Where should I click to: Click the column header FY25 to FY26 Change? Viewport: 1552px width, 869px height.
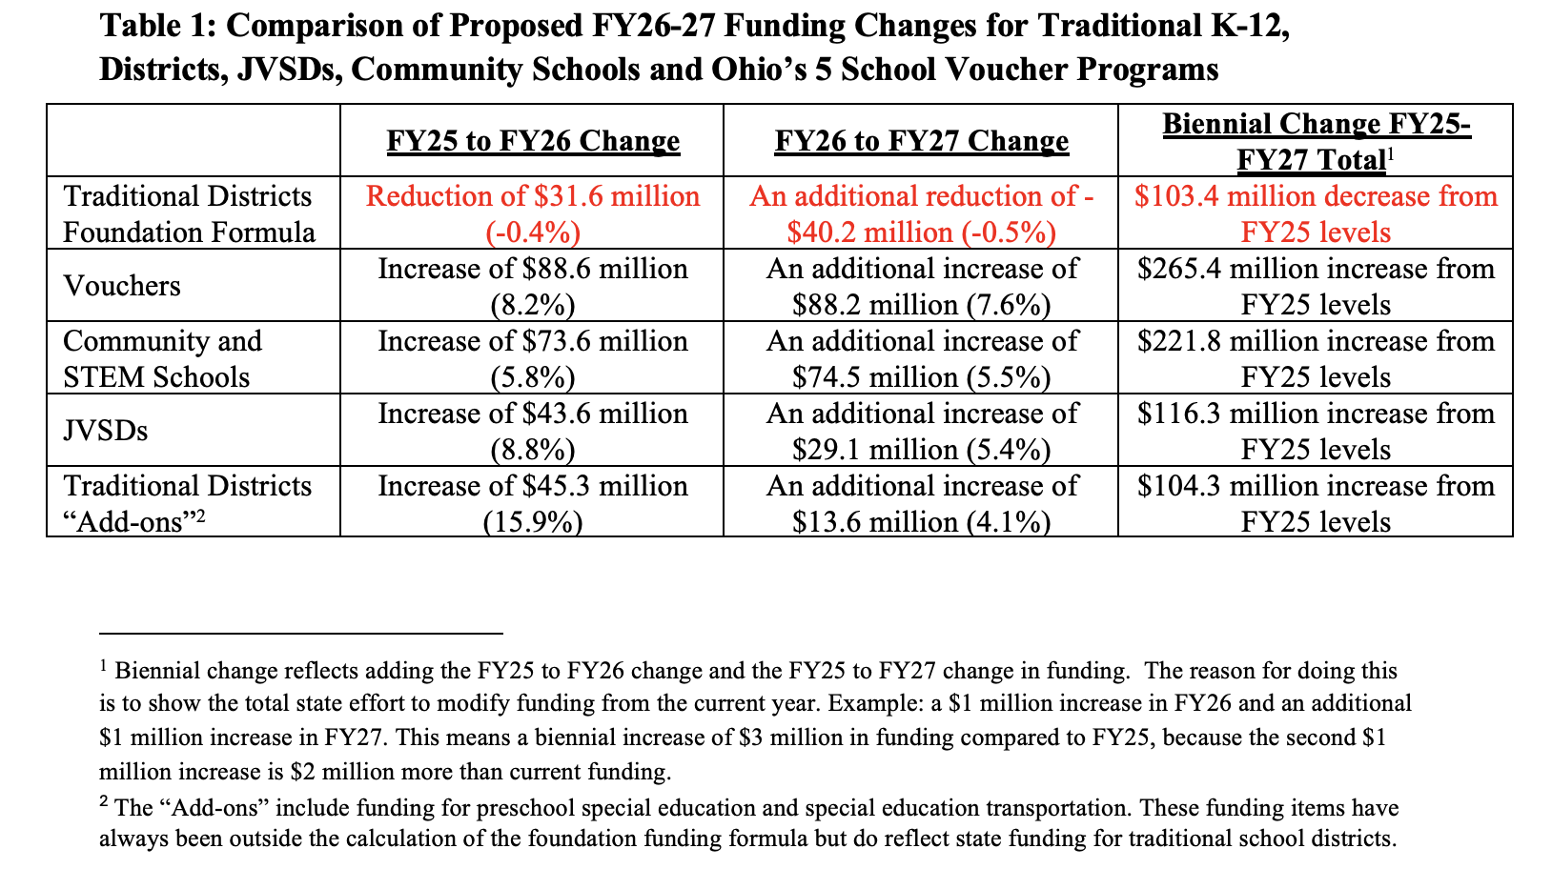tap(533, 141)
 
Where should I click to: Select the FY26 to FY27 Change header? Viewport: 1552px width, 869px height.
tap(921, 141)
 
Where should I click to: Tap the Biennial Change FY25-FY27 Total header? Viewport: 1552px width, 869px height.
tap(1316, 141)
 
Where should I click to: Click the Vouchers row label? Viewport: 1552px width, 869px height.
tap(122, 286)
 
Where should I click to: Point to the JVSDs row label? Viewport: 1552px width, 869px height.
tap(106, 431)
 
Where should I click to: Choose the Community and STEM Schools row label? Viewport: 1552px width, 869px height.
tap(162, 358)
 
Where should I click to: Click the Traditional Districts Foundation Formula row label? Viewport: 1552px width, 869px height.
tap(188, 213)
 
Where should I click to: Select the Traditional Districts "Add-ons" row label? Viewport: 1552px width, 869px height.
tap(188, 503)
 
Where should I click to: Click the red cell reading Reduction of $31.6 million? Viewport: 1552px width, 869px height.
tap(533, 213)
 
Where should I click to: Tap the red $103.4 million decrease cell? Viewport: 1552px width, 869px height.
tap(1316, 213)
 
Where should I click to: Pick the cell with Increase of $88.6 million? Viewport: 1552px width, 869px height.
tap(533, 286)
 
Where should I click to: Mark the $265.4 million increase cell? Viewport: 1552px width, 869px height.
tap(1316, 286)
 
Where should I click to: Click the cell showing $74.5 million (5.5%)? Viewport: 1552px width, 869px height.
tap(921, 376)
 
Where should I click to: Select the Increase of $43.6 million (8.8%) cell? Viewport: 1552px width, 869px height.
tap(533, 431)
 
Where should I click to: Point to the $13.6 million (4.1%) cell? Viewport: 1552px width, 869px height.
tap(921, 521)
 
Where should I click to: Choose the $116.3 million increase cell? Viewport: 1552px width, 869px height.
tap(1316, 431)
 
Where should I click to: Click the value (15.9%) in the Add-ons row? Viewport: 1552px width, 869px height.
tap(533, 522)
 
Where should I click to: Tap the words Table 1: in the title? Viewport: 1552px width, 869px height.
tap(158, 26)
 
